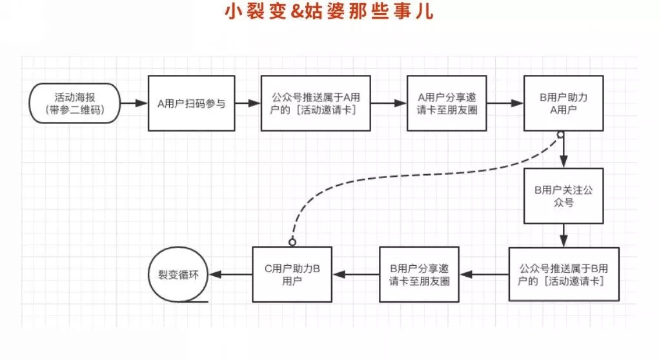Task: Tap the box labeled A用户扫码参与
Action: point(192,103)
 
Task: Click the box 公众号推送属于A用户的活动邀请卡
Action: point(316,103)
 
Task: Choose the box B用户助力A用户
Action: point(564,103)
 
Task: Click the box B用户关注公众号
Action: point(564,195)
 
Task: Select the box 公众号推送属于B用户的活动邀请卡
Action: point(564,274)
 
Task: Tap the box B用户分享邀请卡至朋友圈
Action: point(420,274)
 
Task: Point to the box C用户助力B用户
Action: point(292,274)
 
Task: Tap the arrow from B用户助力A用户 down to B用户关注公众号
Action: point(564,152)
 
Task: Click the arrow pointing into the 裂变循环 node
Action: point(232,274)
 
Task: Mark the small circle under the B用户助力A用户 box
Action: point(560,135)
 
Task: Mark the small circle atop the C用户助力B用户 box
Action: point(292,242)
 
